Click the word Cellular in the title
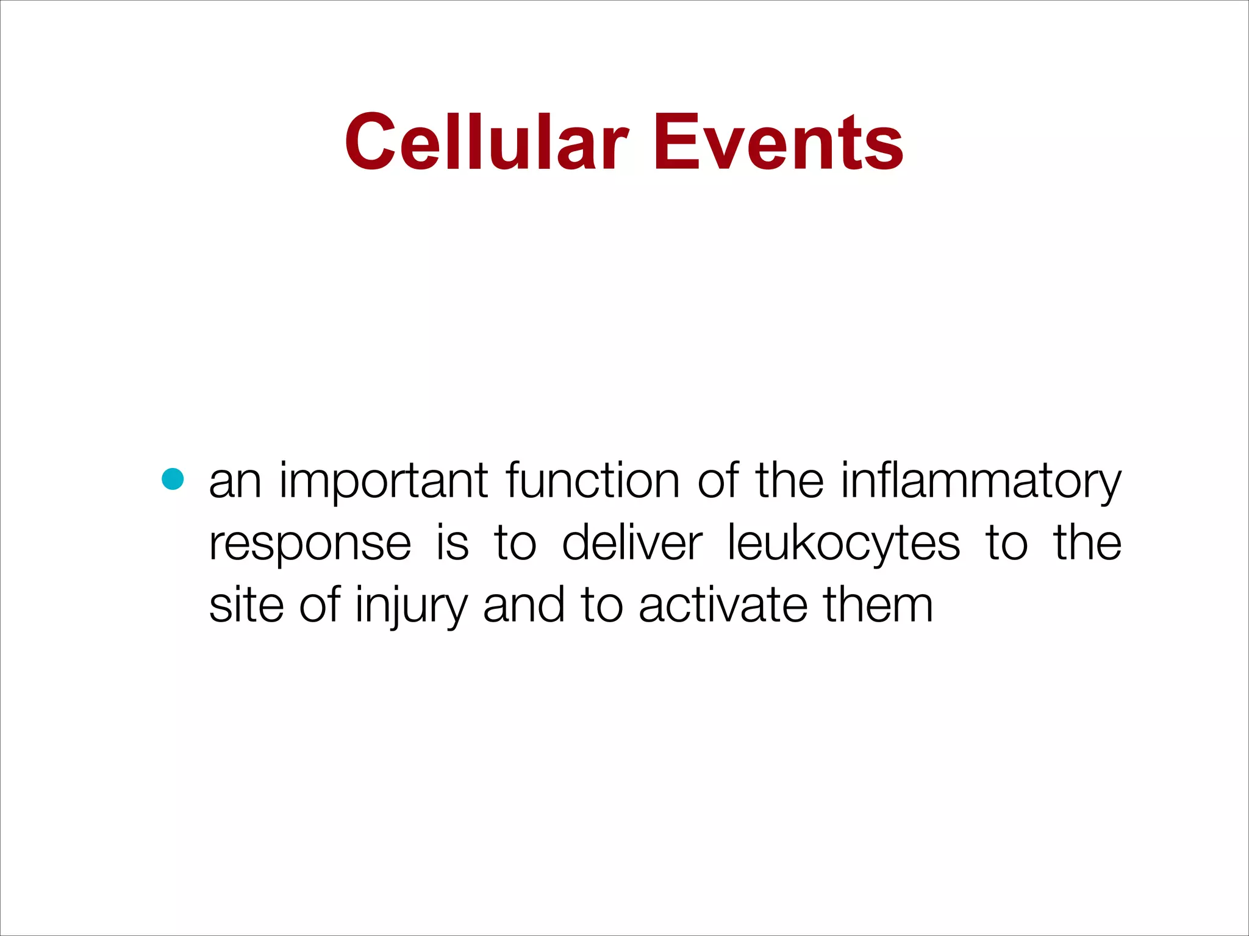pyautogui.click(x=486, y=143)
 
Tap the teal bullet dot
pyautogui.click(x=173, y=480)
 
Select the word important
pyautogui.click(x=384, y=482)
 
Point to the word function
pyautogui.click(x=593, y=481)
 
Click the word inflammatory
pyautogui.click(x=981, y=482)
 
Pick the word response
pyautogui.click(x=310, y=544)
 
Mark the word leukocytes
pyautogui.click(x=843, y=544)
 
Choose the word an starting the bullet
pyautogui.click(x=235, y=482)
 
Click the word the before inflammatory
pyautogui.click(x=790, y=481)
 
